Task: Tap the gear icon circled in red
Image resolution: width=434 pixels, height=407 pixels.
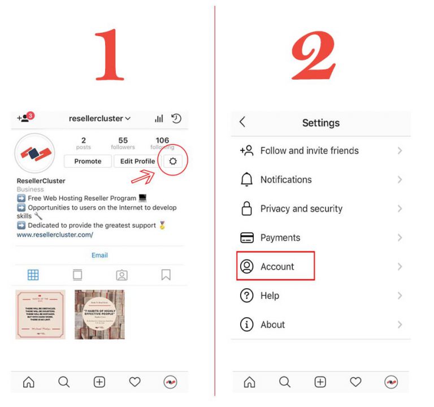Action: click(173, 161)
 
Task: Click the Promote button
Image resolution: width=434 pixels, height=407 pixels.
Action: click(88, 161)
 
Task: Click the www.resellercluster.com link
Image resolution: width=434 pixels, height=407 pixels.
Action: click(55, 235)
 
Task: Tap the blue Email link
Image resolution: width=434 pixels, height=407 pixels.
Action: click(99, 255)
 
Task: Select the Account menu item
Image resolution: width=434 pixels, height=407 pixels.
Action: click(277, 267)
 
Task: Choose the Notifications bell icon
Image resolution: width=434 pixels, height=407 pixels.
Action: click(246, 180)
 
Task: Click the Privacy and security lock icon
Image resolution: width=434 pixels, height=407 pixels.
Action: click(246, 209)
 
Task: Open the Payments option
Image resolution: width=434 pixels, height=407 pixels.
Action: click(280, 238)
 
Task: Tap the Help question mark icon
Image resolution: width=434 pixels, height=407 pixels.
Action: click(246, 296)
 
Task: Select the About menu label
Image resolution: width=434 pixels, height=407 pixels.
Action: click(272, 324)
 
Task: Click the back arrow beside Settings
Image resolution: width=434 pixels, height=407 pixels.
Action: click(242, 122)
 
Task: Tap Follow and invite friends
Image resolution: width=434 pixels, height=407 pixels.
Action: click(309, 151)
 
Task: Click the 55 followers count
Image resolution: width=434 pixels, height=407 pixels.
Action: click(123, 143)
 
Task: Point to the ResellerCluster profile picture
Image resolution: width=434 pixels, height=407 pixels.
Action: click(35, 153)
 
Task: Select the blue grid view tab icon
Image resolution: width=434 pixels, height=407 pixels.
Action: click(33, 275)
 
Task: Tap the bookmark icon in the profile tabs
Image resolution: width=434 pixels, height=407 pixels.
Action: click(166, 275)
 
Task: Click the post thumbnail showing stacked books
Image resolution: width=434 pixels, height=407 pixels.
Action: click(99, 314)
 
